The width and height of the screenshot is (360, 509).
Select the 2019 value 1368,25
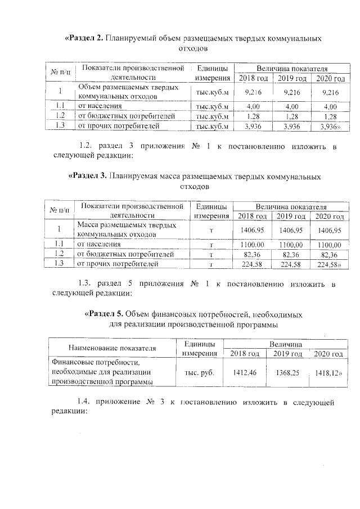click(x=287, y=373)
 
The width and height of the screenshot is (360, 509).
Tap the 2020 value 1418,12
click(x=328, y=373)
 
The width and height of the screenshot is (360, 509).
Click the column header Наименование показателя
click(x=112, y=348)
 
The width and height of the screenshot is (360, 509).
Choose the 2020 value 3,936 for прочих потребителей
click(x=328, y=127)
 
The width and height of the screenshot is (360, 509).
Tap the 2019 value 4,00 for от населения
click(x=291, y=106)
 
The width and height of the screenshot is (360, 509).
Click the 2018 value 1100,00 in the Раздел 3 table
click(x=251, y=245)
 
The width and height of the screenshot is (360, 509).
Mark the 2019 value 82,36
click(x=291, y=255)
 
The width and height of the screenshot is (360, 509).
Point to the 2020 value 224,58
click(x=329, y=264)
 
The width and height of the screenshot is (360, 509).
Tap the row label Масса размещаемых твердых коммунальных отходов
click(x=119, y=229)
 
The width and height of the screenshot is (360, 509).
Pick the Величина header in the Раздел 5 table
click(x=285, y=343)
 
